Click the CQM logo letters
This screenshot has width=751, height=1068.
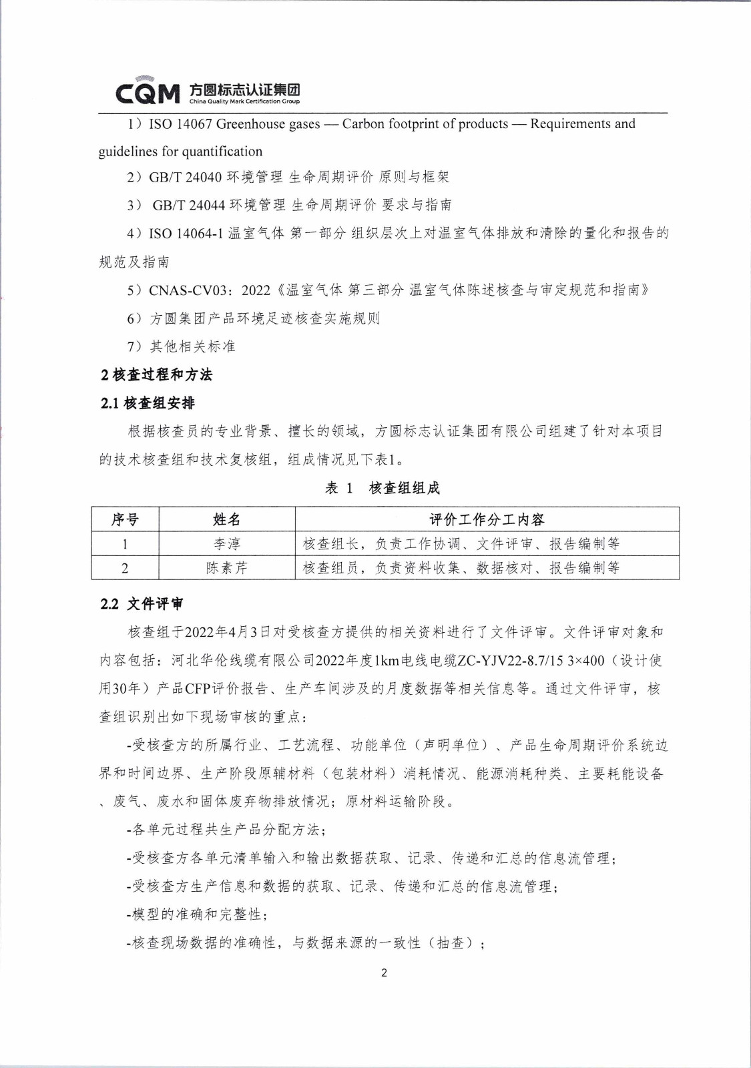148,93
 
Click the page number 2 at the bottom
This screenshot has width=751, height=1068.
384,973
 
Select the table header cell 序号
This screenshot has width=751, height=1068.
125,519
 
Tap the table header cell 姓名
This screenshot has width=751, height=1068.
227,519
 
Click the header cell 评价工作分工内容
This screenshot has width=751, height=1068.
487,519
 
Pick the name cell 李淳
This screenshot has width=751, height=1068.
227,544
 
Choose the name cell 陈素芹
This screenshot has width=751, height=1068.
227,568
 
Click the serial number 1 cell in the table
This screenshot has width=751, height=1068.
125,544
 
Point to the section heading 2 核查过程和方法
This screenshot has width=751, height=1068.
157,375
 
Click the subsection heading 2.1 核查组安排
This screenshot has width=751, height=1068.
148,403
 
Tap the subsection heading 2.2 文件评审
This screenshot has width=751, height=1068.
142,604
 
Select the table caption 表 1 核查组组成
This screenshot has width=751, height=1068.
383,488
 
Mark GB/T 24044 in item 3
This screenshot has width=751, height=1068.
189,205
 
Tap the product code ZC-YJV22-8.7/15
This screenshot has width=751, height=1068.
511,661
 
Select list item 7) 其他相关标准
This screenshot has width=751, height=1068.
182,346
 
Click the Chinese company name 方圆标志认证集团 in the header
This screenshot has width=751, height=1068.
244,89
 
